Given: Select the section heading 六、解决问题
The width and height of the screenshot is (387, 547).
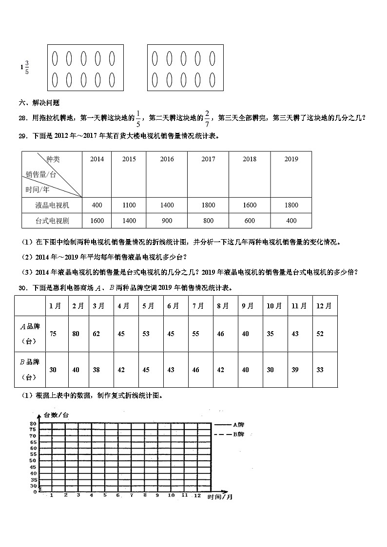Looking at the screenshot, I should [x=39, y=103].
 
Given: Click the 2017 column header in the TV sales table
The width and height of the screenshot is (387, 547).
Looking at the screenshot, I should [x=208, y=159].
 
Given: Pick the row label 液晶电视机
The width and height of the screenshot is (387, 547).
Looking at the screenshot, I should [x=52, y=205].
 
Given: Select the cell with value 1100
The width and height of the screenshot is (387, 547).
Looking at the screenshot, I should [x=129, y=205].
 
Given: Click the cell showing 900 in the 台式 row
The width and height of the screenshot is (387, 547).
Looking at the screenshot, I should [x=167, y=221].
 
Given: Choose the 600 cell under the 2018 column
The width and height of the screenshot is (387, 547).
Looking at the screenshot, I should [x=250, y=221].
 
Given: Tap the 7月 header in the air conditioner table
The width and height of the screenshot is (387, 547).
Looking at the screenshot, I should [x=198, y=306].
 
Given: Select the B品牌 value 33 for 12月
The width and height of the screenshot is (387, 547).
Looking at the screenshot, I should [x=320, y=370].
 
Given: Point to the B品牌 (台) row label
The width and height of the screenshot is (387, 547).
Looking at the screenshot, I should [x=30, y=369].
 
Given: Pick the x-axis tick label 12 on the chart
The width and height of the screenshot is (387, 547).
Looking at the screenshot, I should [x=197, y=495].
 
